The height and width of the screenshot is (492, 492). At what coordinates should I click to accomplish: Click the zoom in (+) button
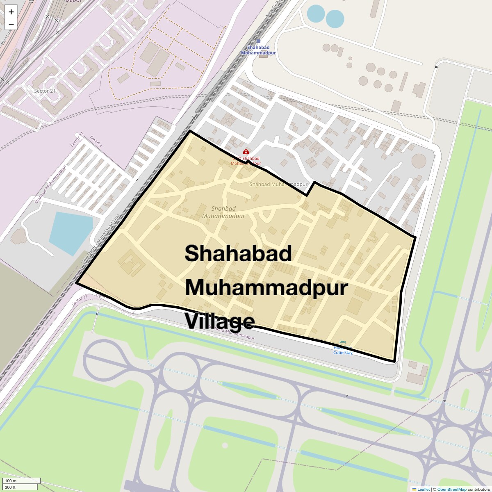(x=11, y=12)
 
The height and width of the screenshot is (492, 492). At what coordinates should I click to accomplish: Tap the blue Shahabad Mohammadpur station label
(x=258, y=50)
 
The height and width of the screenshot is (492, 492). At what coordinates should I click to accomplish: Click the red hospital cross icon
(x=246, y=152)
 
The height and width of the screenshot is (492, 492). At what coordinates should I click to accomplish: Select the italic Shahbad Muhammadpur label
(x=223, y=212)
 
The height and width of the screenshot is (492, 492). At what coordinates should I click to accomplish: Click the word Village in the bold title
(x=219, y=321)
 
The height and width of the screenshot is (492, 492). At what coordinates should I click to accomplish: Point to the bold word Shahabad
(x=238, y=253)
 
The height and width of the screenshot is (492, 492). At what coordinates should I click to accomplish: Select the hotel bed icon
(x=343, y=342)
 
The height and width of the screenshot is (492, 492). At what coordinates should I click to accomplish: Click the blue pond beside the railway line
(x=70, y=232)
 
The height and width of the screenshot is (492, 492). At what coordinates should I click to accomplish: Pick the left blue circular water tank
(x=316, y=14)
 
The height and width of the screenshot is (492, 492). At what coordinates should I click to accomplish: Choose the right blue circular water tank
(x=335, y=18)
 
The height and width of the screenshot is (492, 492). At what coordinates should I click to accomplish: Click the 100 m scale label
(x=11, y=481)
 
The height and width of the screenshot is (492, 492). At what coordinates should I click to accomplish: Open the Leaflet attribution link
(x=424, y=489)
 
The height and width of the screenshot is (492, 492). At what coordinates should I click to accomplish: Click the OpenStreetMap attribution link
(x=451, y=489)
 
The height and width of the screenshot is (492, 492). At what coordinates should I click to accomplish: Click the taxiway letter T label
(x=346, y=396)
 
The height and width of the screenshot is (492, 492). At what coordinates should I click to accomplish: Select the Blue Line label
(x=5, y=37)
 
